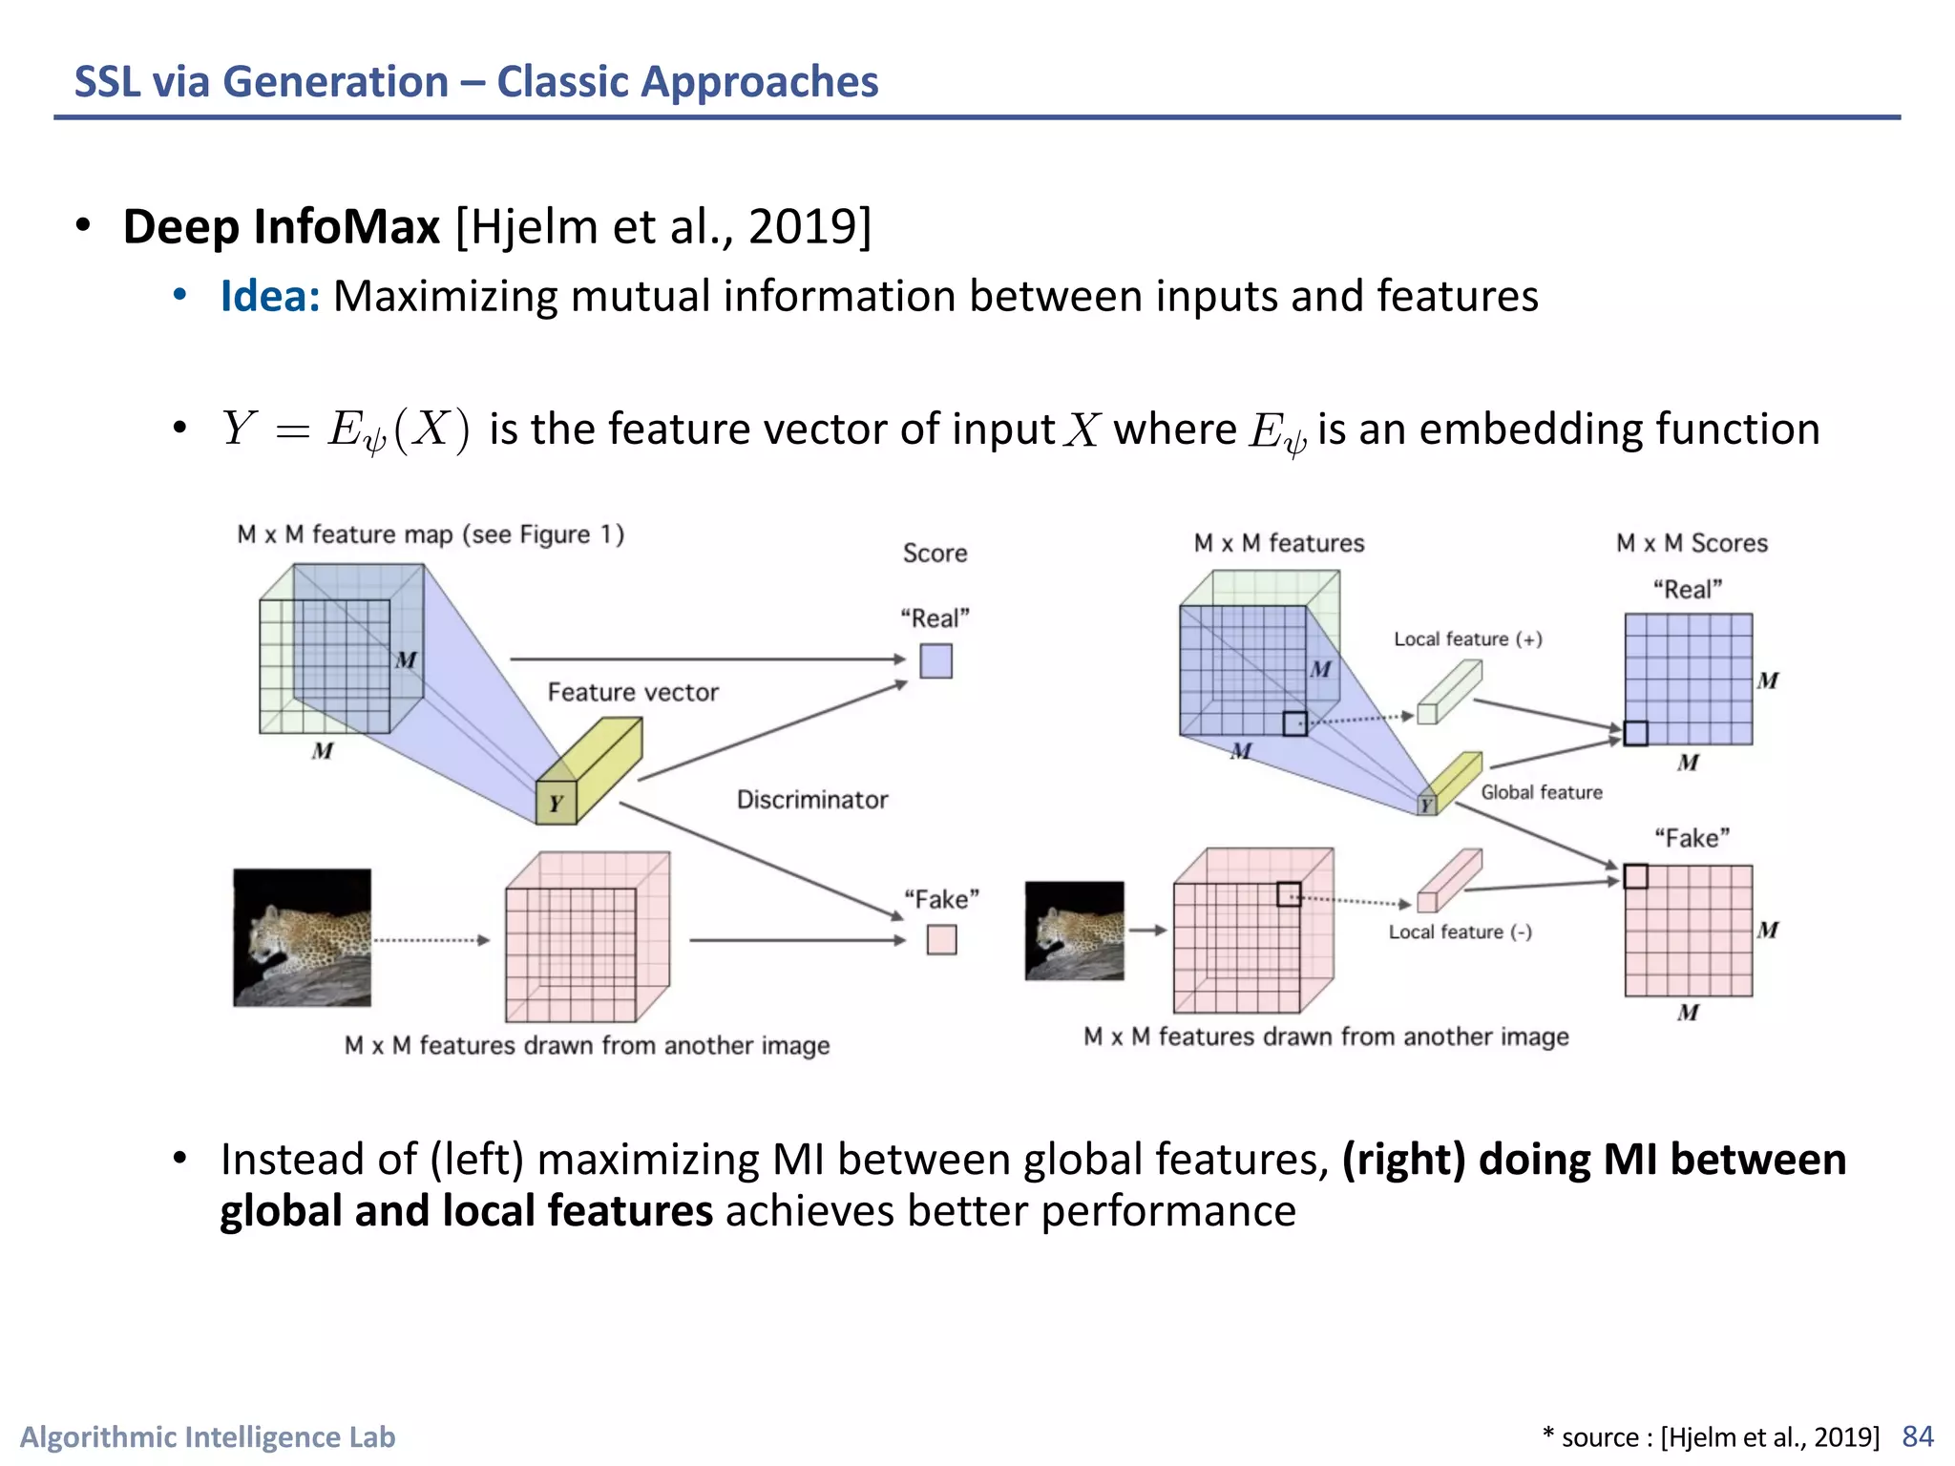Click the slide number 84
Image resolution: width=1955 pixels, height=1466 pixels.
(x=1917, y=1435)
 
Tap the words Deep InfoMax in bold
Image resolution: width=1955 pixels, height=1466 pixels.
(x=282, y=227)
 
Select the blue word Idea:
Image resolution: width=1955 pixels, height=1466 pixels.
(x=269, y=296)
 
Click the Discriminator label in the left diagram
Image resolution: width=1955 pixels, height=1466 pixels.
(x=811, y=800)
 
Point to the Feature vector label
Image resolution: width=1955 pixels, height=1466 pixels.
(x=633, y=692)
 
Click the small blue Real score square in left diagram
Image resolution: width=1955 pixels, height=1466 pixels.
(x=935, y=661)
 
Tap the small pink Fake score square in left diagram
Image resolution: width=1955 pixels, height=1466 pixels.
(x=941, y=940)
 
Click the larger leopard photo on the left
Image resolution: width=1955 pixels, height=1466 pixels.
(x=302, y=937)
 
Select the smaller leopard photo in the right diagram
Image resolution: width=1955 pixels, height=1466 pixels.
(x=1074, y=931)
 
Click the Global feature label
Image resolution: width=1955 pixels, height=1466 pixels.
(x=1541, y=792)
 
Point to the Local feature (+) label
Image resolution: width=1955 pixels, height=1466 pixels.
(x=1467, y=639)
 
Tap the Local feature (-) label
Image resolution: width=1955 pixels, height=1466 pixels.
(x=1460, y=932)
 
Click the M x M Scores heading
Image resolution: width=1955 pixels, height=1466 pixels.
(x=1692, y=543)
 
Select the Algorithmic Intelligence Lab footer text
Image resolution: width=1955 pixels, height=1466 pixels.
(x=208, y=1436)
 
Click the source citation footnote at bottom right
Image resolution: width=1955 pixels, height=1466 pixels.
(x=1711, y=1436)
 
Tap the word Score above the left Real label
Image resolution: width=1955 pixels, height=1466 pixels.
(x=935, y=554)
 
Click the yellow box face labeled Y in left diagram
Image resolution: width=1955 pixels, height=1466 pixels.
(x=556, y=803)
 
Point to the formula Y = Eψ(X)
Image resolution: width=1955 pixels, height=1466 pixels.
(x=346, y=429)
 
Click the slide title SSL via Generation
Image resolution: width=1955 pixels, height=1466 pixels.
(x=475, y=82)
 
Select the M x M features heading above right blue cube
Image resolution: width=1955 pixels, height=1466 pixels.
(x=1279, y=543)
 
